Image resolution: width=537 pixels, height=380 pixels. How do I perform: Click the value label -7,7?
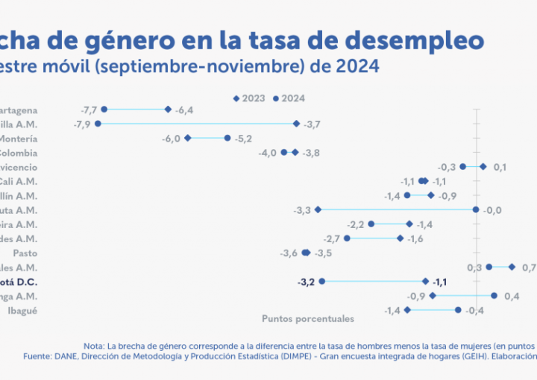tap(89, 110)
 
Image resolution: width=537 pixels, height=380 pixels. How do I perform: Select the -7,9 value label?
tap(81, 124)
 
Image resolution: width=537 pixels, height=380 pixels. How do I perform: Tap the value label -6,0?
tap(172, 138)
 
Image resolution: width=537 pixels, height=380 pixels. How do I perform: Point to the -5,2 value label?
tap(244, 138)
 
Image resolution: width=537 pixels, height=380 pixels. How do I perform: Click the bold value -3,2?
tap(306, 282)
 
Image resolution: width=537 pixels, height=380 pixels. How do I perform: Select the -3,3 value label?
tap(302, 210)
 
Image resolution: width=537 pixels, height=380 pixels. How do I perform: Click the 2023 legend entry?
tap(251, 98)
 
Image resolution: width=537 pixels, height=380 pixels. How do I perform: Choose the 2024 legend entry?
tap(289, 98)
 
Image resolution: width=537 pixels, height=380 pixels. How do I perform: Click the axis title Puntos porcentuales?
tap(307, 318)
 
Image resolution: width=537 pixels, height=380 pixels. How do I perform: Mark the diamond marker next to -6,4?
tap(169, 110)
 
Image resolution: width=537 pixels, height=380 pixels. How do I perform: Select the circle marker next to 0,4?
tap(494, 296)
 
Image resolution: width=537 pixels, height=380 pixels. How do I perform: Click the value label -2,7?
tap(331, 238)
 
